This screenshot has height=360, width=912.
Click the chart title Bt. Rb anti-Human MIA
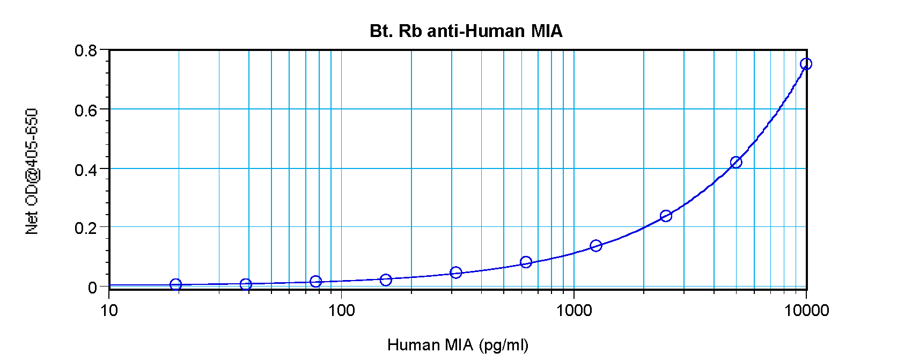(466, 31)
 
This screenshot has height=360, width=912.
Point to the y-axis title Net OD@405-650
(32, 172)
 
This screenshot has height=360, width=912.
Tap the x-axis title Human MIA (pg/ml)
(458, 345)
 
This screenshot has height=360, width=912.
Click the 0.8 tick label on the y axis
(86, 51)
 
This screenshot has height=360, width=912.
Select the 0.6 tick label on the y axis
(86, 111)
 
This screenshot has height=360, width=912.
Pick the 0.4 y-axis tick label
(86, 170)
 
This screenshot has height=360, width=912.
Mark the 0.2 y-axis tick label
(86, 229)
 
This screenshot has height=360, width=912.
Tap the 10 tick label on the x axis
(109, 311)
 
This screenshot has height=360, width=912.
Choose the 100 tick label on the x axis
(341, 311)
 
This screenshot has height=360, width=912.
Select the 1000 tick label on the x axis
(573, 311)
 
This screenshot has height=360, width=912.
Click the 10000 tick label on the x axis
(806, 311)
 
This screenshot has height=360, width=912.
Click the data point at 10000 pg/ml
(806, 64)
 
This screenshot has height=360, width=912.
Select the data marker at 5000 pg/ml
(736, 162)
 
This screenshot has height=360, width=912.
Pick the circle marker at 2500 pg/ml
(666, 216)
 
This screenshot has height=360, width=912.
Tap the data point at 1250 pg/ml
(596, 246)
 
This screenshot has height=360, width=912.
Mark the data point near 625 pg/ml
(526, 262)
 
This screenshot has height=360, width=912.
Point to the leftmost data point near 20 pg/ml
(176, 284)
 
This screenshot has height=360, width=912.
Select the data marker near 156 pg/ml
(386, 280)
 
